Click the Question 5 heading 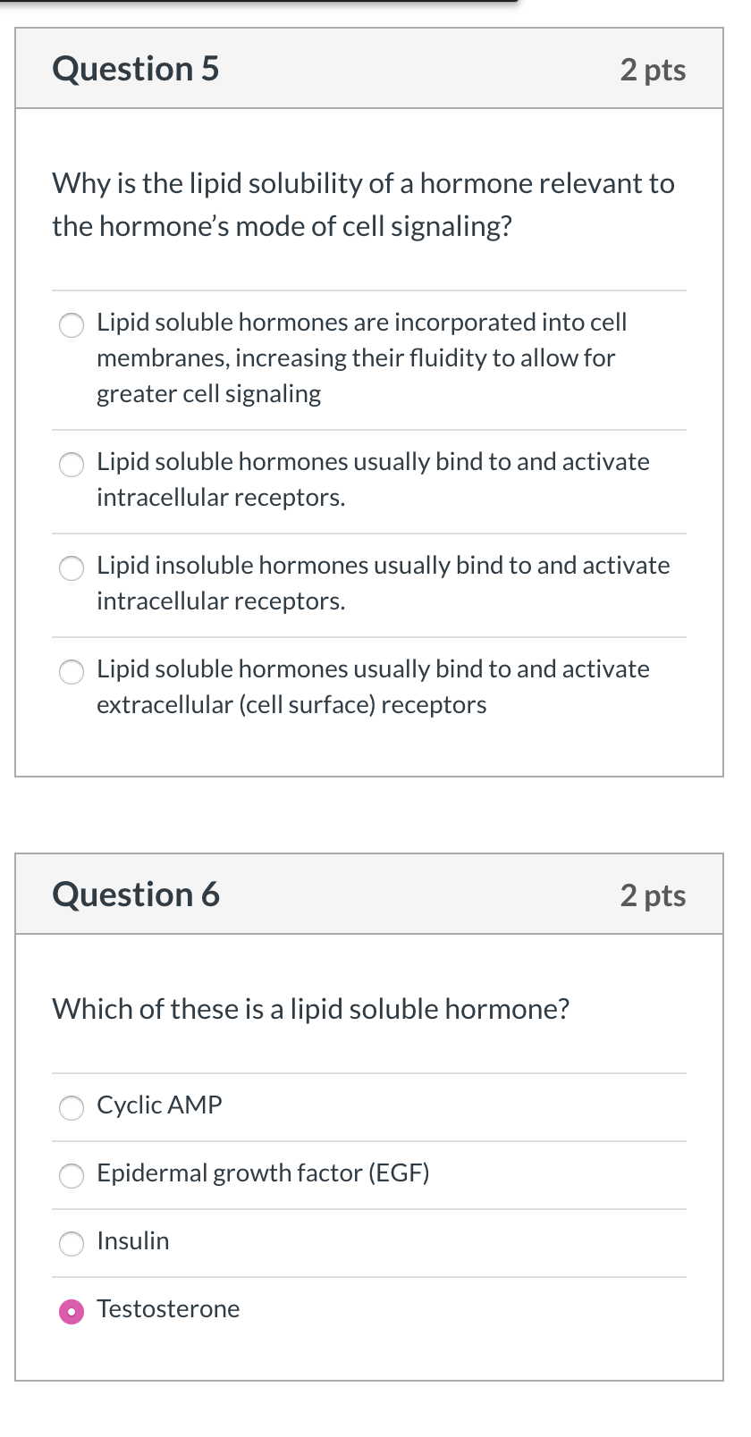[136, 69]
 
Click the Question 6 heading [136, 895]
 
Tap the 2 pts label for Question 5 [653, 70]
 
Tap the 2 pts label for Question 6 [653, 895]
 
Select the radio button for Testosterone [72, 1311]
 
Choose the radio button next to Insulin [72, 1243]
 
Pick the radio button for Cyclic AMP [72, 1107]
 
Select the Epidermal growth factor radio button [72, 1175]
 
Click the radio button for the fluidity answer [72, 324]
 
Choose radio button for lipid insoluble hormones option [72, 567]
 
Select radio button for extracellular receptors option [72, 671]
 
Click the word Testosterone [168, 1309]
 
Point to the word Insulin [133, 1241]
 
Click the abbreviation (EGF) [399, 1173]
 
